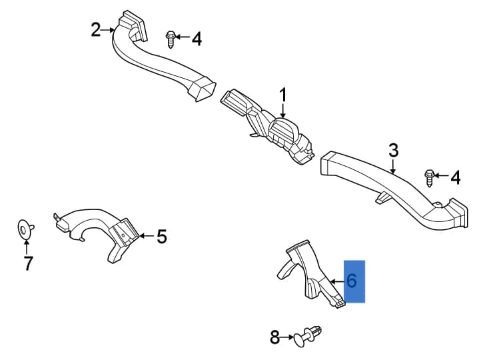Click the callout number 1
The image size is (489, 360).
pos(283,95)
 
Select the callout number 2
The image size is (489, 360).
pos(96,30)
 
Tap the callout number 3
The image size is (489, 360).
pos(394,150)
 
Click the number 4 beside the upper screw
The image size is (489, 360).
pos(197,39)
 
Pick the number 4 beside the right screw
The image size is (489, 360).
pos(456,178)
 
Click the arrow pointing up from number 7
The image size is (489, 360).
pos(27,247)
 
